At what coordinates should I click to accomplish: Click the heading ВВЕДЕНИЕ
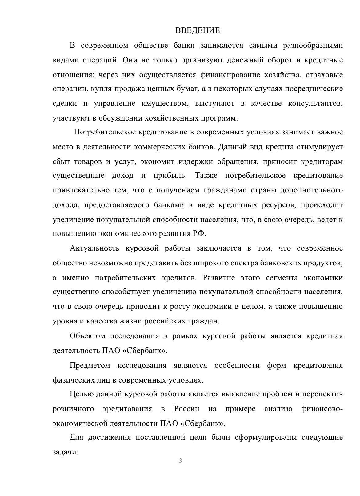[x=198, y=30]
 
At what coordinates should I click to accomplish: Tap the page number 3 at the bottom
[x=180, y=460]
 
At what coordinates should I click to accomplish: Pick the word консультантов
[x=315, y=104]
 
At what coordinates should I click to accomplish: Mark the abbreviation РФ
[x=199, y=234]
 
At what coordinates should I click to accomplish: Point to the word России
[x=186, y=409]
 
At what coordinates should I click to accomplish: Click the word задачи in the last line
[x=66, y=453]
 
